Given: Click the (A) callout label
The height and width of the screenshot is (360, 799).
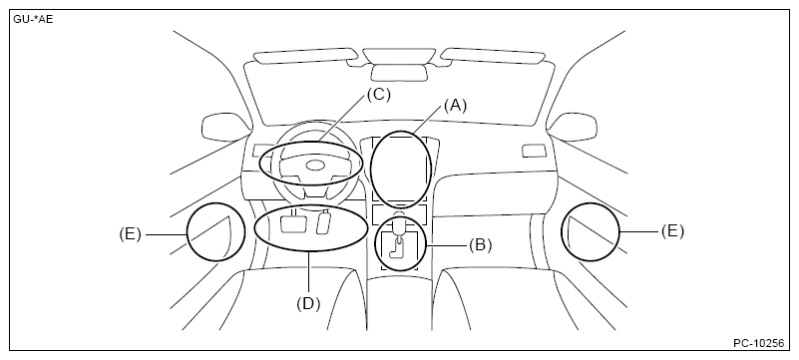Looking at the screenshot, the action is pyautogui.click(x=455, y=106).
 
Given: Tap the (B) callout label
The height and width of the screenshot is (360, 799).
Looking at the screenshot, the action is pyautogui.click(x=481, y=245).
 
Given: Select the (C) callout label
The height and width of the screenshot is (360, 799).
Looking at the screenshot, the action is pyautogui.click(x=379, y=95).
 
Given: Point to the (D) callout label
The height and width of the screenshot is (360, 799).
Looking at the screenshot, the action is pyautogui.click(x=308, y=303).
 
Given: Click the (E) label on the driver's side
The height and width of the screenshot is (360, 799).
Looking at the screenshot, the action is pyautogui.click(x=130, y=234).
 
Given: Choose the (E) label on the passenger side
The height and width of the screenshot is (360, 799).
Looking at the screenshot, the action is pyautogui.click(x=672, y=231).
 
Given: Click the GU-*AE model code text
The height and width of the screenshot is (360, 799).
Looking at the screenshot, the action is pyautogui.click(x=33, y=20).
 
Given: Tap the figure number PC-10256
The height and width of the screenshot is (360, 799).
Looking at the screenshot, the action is pyautogui.click(x=759, y=343).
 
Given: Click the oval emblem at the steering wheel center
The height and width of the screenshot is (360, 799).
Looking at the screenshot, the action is pyautogui.click(x=315, y=165).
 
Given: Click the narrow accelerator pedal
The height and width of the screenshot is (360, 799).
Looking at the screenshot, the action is pyautogui.click(x=324, y=223).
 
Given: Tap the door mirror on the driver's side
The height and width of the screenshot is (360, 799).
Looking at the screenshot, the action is pyautogui.click(x=224, y=128).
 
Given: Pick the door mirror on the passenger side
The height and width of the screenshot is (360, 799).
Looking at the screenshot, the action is pyautogui.click(x=573, y=127).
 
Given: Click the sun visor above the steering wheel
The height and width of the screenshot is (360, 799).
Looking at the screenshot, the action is pyautogui.click(x=305, y=56).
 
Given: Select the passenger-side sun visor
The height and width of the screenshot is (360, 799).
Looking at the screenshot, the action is pyautogui.click(x=492, y=56).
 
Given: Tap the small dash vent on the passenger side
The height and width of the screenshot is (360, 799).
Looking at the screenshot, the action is pyautogui.click(x=534, y=151).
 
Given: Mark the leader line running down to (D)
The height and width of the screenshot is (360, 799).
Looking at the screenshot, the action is pyautogui.click(x=309, y=273).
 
